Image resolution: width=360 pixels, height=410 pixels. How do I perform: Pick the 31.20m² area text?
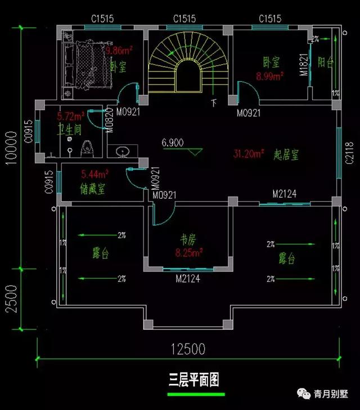coord(249,153)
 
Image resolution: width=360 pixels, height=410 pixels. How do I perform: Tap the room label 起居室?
coord(286,153)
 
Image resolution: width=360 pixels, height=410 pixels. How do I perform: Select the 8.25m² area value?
coord(188,253)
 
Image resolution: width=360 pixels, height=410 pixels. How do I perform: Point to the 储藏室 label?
coord(93,189)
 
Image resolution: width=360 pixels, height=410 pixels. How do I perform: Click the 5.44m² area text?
coord(94,175)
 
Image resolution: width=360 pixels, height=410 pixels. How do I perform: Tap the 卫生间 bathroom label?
coord(70,130)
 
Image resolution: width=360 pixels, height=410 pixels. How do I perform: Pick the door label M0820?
coord(110,119)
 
